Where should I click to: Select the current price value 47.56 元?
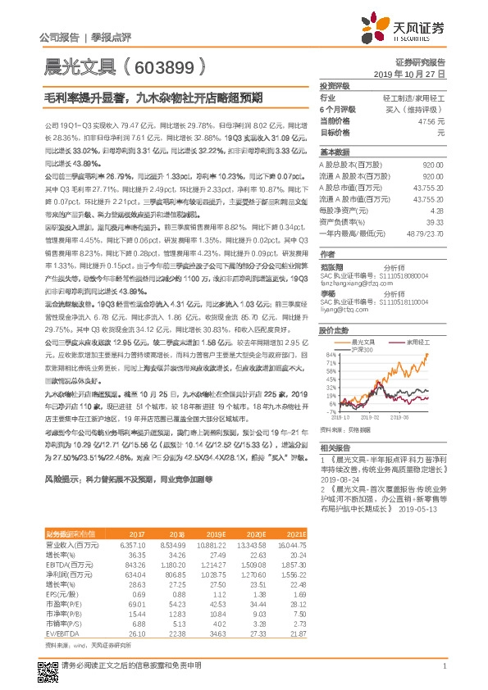(431, 120)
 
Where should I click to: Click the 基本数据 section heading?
(334, 152)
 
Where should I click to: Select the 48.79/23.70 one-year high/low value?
(426, 234)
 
